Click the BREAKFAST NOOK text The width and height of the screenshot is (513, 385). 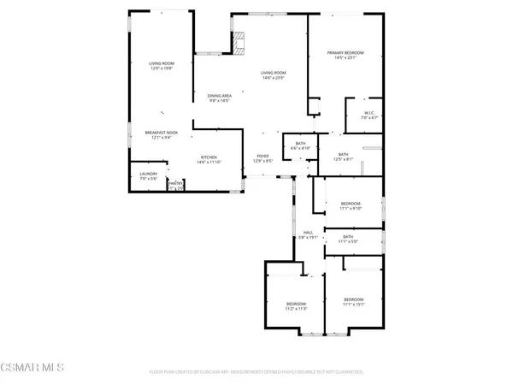click(x=161, y=133)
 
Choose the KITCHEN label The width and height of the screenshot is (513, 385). click(x=209, y=157)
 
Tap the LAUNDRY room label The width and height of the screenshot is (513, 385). click(x=149, y=175)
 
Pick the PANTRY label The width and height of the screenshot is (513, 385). click(x=175, y=183)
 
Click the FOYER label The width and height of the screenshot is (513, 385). click(x=262, y=157)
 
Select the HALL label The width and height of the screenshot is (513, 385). click(x=306, y=233)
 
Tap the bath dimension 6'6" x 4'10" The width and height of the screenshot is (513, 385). click(x=300, y=148)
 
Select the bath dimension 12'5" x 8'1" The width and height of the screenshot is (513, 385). click(x=342, y=159)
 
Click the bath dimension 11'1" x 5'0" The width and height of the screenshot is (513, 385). click(x=348, y=241)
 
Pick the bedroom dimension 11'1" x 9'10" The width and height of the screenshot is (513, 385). click(x=351, y=208)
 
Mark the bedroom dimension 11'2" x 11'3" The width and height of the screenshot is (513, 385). click(x=296, y=309)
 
